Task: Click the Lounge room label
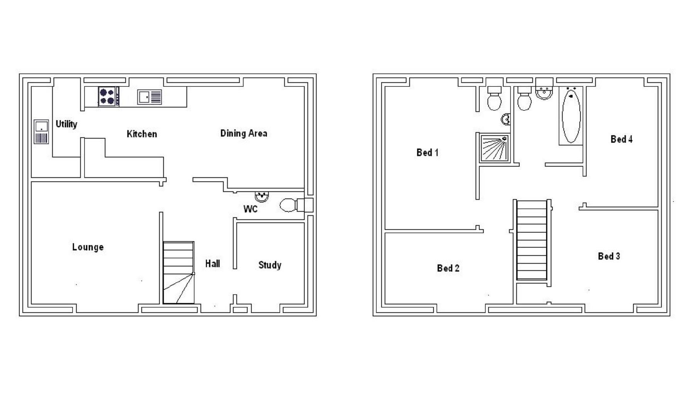[x=88, y=247]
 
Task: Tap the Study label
[x=270, y=265]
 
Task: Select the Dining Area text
[x=244, y=133]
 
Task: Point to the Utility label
[x=66, y=124]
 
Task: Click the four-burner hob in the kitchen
[x=108, y=97]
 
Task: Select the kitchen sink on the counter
[x=149, y=97]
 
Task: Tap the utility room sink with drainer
[x=41, y=132]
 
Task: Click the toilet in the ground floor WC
[x=292, y=205]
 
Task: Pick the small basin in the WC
[x=262, y=196]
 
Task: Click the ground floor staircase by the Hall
[x=178, y=273]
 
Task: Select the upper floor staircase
[x=532, y=239]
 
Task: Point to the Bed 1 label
[x=427, y=153]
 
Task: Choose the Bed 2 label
[x=448, y=268]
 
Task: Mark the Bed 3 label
[x=609, y=256]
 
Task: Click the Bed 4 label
[x=621, y=139]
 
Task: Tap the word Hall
[x=213, y=264]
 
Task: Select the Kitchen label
[x=142, y=134]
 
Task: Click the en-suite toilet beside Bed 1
[x=494, y=99]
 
